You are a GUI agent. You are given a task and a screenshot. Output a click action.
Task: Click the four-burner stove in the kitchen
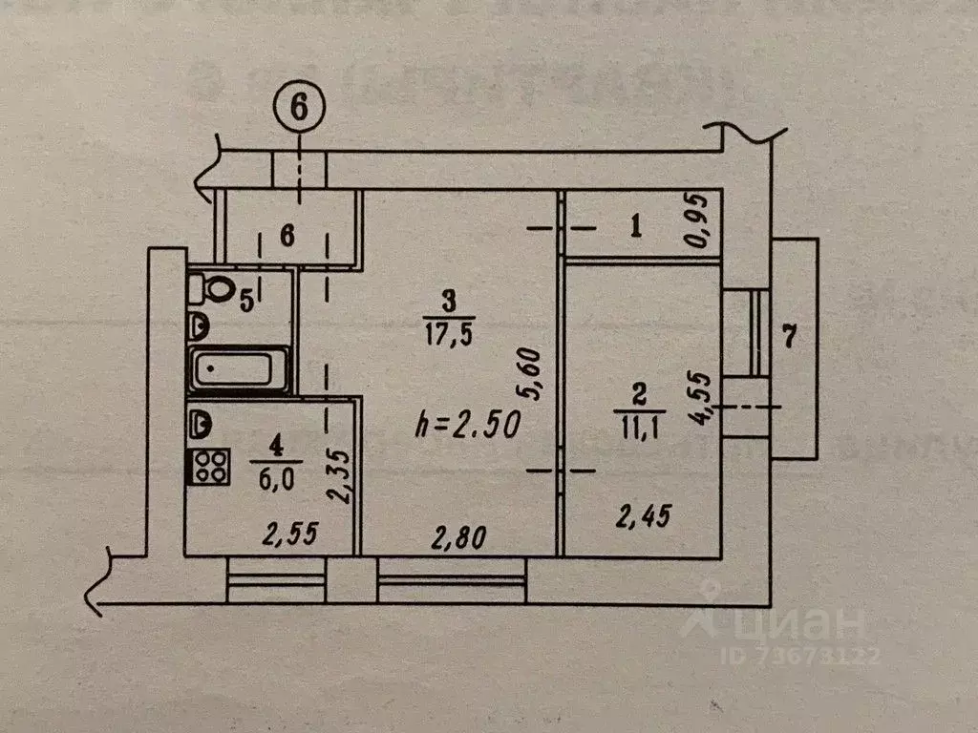point(211,464)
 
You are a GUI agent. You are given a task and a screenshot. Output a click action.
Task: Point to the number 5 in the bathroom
point(245,301)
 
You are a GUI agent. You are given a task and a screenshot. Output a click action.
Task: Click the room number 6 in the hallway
point(286,235)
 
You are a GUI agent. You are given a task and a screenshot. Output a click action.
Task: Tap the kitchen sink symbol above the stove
point(201,420)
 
